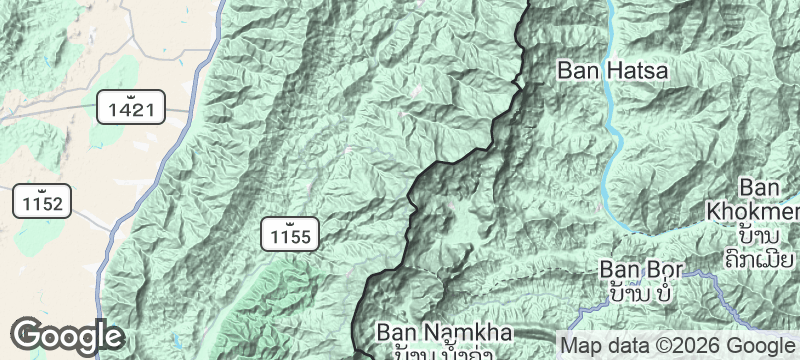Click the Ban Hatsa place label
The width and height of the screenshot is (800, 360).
[x=612, y=70]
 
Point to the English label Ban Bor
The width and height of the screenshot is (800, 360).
[x=640, y=270]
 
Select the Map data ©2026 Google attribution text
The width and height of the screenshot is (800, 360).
[x=678, y=345]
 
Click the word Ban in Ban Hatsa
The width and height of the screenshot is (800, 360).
[x=578, y=70]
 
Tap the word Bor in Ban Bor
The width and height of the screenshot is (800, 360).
[x=662, y=270]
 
